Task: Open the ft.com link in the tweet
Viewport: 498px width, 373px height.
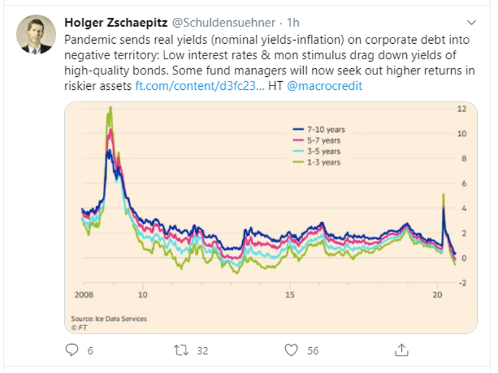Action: (200, 86)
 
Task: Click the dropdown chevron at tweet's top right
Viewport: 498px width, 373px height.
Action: (472, 23)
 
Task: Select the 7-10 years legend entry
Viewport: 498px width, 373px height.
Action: (319, 130)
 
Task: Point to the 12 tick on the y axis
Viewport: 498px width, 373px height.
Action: (461, 109)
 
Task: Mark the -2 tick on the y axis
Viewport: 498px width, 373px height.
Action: (461, 283)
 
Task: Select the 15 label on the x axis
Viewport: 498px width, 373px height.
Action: (290, 294)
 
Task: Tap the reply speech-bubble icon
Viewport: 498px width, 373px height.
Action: (72, 350)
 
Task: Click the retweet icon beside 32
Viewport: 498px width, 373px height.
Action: (181, 350)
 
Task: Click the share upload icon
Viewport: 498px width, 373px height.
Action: (401, 350)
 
